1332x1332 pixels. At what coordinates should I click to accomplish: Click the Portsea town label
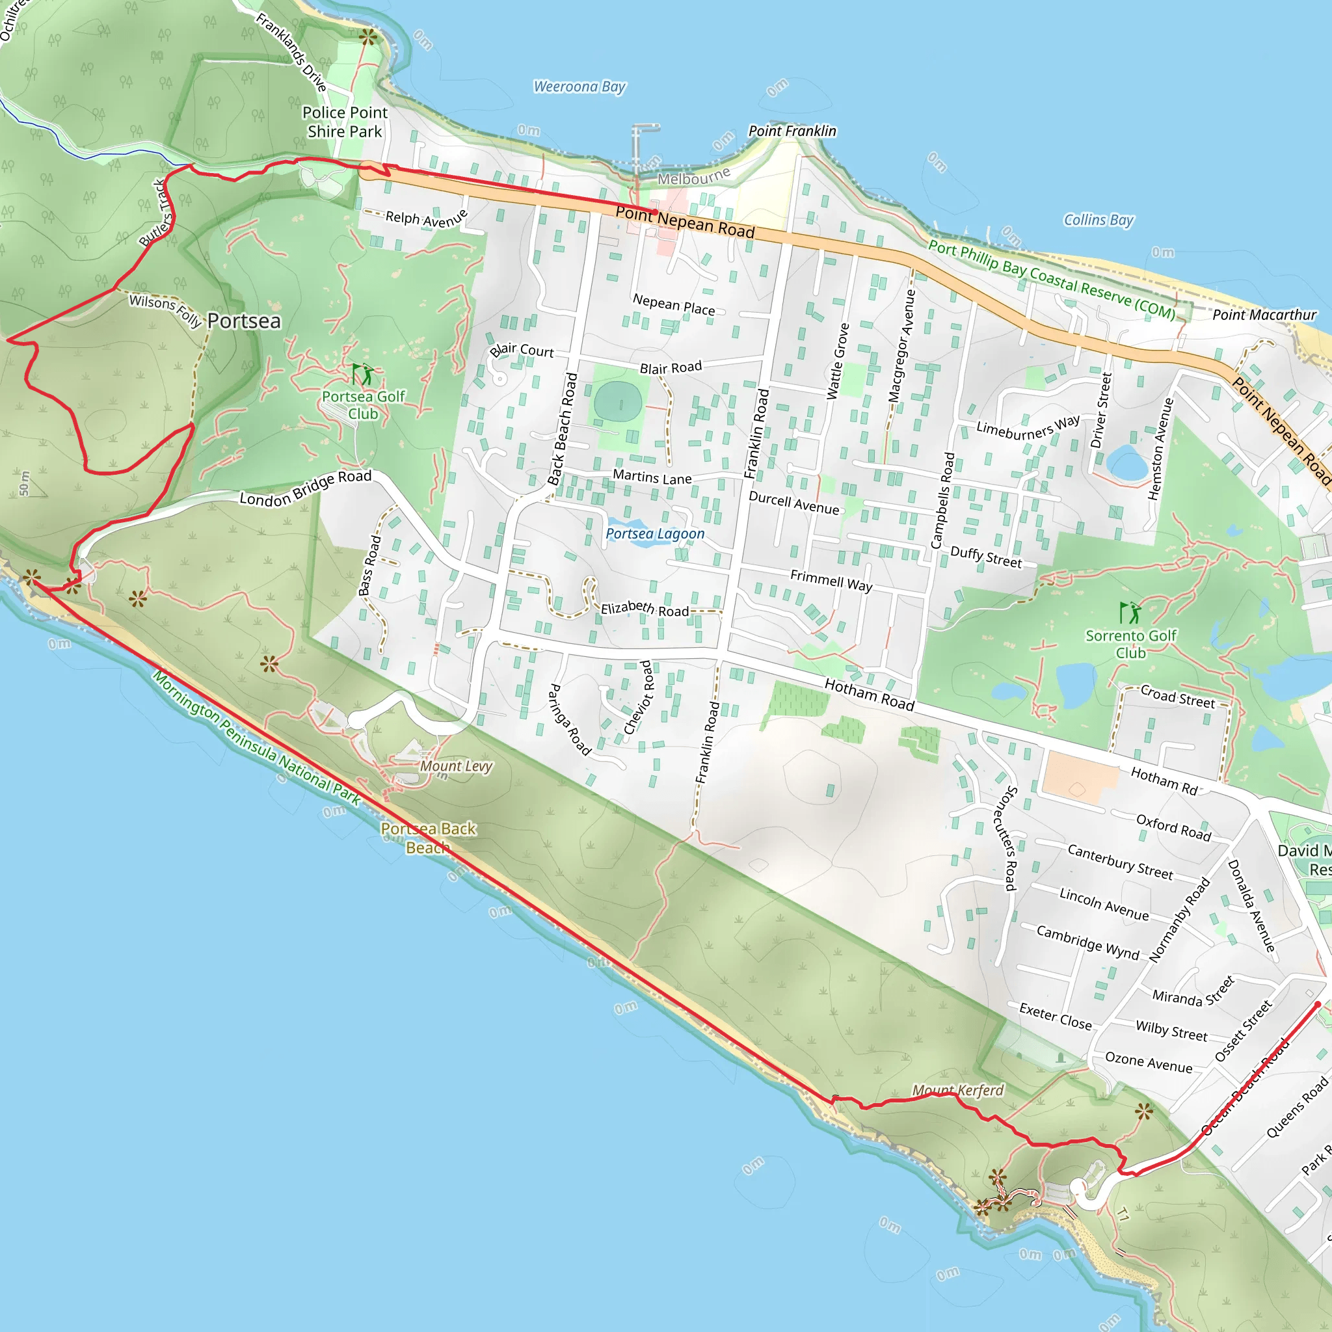[244, 321]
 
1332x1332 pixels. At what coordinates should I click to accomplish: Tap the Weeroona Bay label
[579, 87]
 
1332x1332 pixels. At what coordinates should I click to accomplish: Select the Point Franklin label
[792, 131]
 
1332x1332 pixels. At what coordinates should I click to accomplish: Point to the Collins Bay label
[1099, 220]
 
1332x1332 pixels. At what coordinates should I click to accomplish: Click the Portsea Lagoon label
[655, 533]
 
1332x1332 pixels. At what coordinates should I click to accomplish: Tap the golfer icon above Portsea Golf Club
[363, 375]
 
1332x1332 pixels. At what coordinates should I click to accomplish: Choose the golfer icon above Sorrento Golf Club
[1130, 612]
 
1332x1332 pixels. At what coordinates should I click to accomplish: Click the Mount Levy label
[457, 766]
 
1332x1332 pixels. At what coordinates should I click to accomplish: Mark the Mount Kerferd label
[957, 1090]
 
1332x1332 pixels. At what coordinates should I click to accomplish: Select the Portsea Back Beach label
[428, 838]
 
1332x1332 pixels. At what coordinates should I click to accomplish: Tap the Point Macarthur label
[1264, 315]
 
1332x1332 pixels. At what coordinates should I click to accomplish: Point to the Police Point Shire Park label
[345, 122]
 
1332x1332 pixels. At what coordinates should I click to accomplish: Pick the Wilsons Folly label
[165, 310]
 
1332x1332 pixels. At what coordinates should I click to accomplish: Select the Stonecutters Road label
[1006, 838]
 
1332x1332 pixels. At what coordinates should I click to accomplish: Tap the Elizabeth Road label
[645, 609]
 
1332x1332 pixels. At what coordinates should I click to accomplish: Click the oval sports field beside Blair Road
[618, 401]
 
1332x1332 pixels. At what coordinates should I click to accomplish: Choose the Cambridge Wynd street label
[1088, 942]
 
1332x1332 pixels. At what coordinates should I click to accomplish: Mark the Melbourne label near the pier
[693, 176]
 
